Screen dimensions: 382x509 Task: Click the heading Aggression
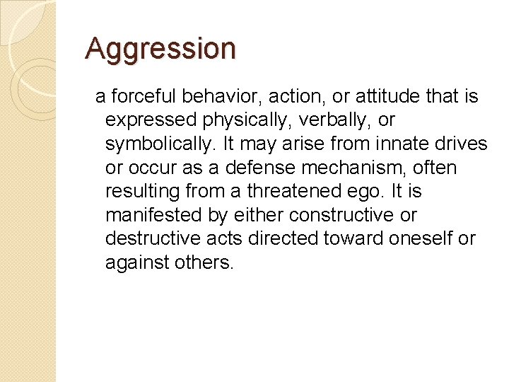pyautogui.click(x=160, y=50)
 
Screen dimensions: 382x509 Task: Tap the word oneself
pyautogui.click(x=420, y=239)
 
